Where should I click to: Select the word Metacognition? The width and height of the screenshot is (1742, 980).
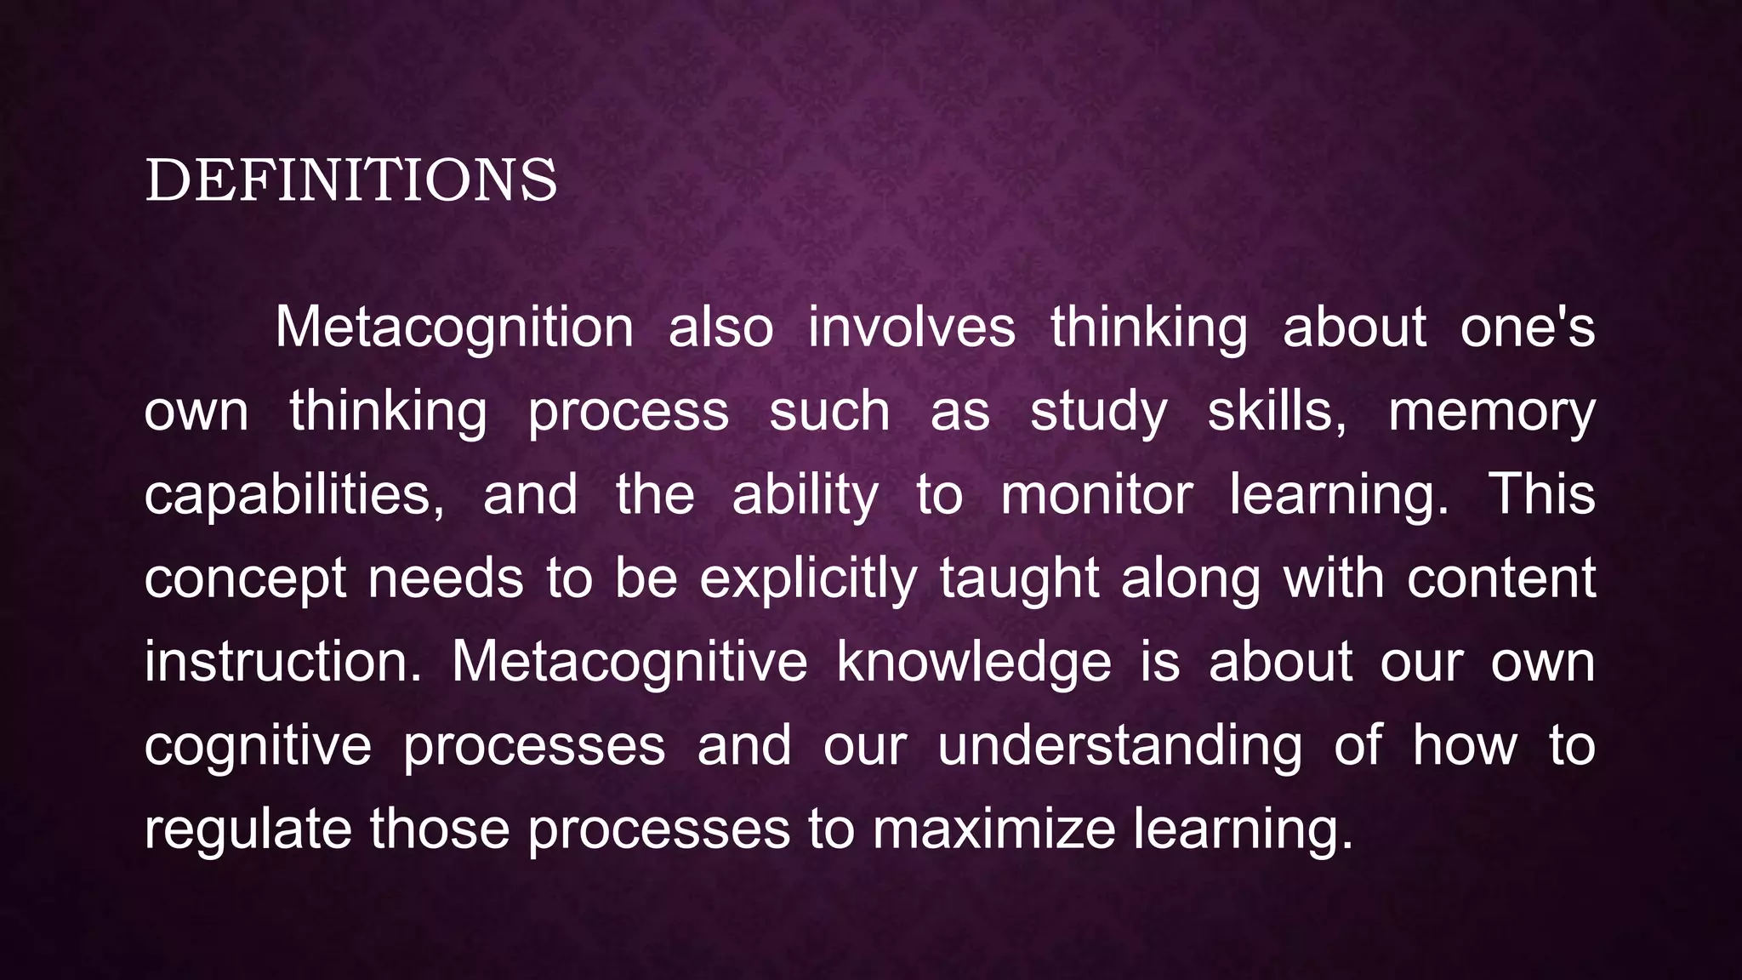(454, 328)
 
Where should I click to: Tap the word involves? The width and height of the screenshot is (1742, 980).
(911, 328)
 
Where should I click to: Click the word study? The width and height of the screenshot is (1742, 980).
(1099, 413)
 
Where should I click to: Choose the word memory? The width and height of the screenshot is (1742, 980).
(1491, 413)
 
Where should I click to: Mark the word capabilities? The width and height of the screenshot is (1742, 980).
(293, 495)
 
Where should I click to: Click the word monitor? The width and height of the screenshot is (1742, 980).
(1096, 495)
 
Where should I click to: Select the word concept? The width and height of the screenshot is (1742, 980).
(245, 580)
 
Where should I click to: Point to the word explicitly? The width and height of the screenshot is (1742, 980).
(808, 580)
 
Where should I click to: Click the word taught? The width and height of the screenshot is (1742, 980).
(1020, 578)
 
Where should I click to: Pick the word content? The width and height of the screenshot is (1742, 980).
(1501, 578)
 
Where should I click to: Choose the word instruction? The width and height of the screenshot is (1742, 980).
(282, 662)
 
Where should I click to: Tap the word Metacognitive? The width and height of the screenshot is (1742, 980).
(629, 662)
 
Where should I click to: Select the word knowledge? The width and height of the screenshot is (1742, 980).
(974, 662)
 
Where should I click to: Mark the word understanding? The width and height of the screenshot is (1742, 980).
(1119, 746)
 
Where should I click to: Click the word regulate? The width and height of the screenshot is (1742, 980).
(248, 830)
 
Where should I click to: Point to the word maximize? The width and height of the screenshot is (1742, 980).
(993, 829)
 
